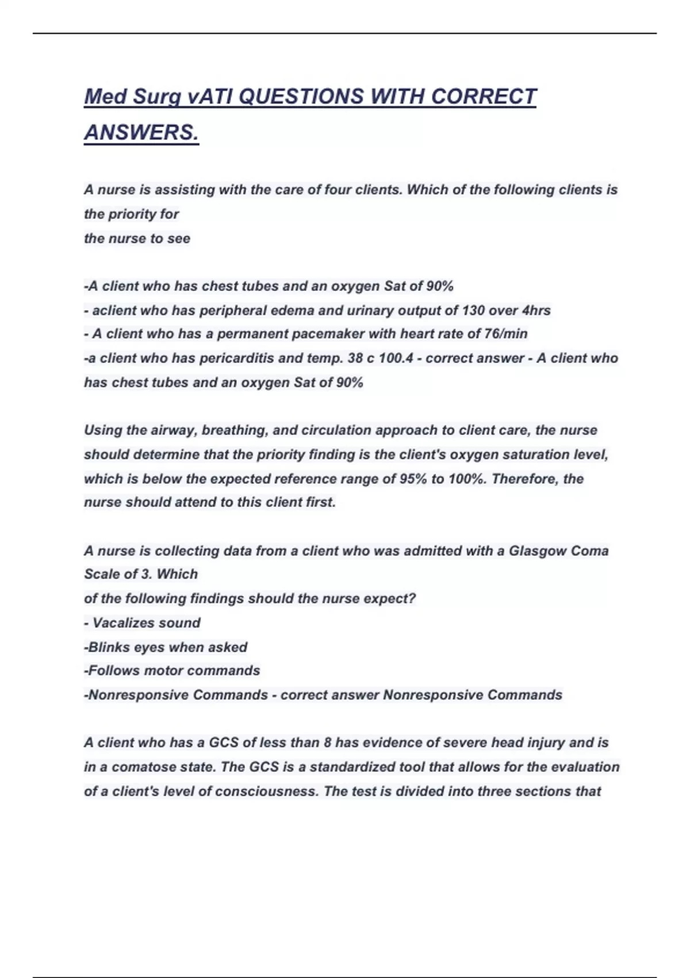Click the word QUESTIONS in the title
301,97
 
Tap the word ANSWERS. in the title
141,132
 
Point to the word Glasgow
537,551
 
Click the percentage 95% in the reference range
412,479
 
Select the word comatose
144,767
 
